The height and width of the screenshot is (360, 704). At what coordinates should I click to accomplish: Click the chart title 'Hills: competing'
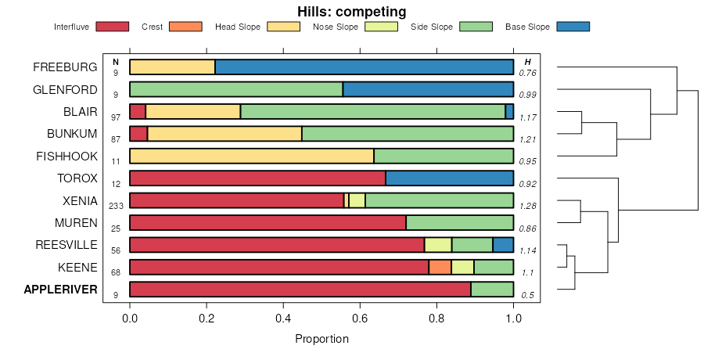351,11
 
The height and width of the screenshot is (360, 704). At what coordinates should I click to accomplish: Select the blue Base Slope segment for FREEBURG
365,67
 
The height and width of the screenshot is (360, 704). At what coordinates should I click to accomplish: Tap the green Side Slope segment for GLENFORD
236,89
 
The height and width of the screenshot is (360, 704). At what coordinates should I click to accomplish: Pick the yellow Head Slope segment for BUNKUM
224,134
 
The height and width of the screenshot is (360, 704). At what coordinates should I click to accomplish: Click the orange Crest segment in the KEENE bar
440,268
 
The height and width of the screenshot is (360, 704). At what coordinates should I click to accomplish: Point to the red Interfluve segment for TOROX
257,178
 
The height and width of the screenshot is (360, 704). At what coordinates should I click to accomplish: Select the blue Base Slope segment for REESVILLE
503,245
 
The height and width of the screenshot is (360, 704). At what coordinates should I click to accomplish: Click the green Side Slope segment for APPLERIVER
492,290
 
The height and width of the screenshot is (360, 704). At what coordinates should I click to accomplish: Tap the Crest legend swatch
185,27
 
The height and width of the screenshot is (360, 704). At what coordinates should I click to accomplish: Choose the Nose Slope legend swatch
382,27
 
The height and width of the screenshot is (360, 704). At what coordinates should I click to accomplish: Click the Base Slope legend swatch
573,27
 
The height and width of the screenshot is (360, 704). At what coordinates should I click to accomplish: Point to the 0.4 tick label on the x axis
283,319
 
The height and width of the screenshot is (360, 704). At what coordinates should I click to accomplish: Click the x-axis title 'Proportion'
321,339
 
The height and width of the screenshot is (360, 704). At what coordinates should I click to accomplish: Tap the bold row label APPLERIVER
61,290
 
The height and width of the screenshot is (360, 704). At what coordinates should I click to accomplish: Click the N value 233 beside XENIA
116,205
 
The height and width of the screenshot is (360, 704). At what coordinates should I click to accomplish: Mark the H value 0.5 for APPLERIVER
528,294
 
